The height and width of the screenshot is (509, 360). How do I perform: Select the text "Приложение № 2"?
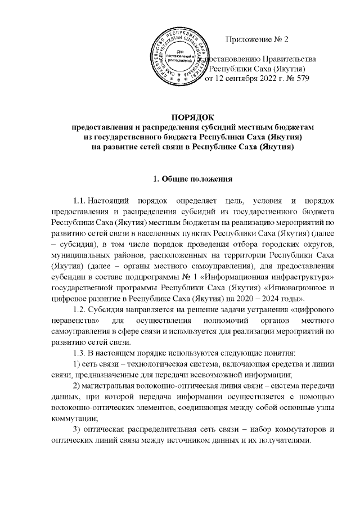(x=256, y=39)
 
